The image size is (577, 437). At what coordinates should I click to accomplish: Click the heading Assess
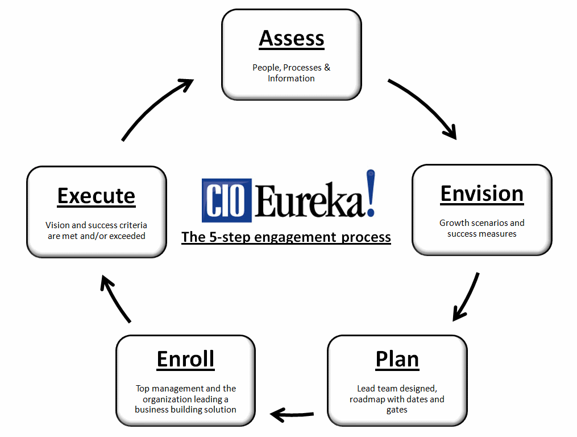click(292, 38)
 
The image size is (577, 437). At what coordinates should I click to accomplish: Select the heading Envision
click(481, 193)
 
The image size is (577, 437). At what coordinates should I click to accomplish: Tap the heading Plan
click(397, 359)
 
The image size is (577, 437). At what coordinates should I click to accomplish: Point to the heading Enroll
click(185, 359)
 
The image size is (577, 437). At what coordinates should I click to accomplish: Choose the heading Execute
click(96, 196)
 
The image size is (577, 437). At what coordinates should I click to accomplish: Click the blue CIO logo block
click(226, 200)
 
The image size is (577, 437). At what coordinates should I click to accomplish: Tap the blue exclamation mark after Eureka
click(370, 192)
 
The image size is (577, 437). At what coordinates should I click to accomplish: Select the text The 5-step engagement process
click(286, 237)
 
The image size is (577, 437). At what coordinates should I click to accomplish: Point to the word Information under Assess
click(291, 79)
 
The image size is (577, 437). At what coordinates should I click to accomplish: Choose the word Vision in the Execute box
click(58, 225)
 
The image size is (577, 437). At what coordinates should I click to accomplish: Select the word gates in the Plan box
click(397, 410)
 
